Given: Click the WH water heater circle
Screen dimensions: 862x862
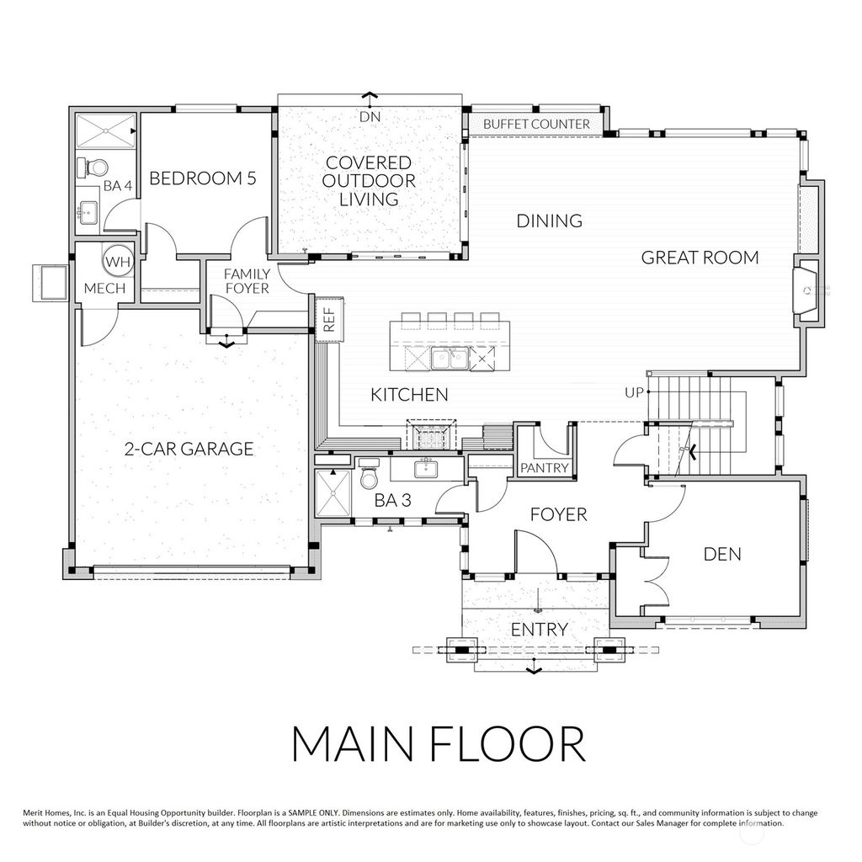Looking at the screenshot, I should tap(118, 262).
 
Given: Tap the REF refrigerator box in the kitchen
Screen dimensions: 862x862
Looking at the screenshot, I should tap(329, 318).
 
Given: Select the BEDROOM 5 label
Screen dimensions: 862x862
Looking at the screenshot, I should tap(202, 178).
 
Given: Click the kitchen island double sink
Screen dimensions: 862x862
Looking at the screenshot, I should tap(447, 359).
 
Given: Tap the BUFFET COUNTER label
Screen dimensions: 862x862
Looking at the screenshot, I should tap(536, 124).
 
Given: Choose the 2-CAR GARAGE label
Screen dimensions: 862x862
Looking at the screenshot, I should tap(189, 449).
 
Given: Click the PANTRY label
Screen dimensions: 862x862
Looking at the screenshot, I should tap(545, 468).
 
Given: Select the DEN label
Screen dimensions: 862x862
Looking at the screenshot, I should tap(722, 553).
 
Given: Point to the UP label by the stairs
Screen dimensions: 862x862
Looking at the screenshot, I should tap(634, 392).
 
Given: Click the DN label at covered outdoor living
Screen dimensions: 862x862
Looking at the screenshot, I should tap(370, 117).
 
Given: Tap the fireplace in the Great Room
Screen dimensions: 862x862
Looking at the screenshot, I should tap(806, 290).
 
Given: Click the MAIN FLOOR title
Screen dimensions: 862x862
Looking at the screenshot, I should tap(437, 744).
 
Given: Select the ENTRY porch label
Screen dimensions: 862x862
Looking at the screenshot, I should tap(539, 630).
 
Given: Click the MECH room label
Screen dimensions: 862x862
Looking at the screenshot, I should tap(104, 289).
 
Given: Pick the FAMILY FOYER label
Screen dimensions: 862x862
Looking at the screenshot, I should tap(246, 281).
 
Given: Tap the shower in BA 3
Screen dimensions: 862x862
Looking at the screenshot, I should tap(332, 494).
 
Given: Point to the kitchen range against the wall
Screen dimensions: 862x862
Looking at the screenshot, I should tap(431, 438).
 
